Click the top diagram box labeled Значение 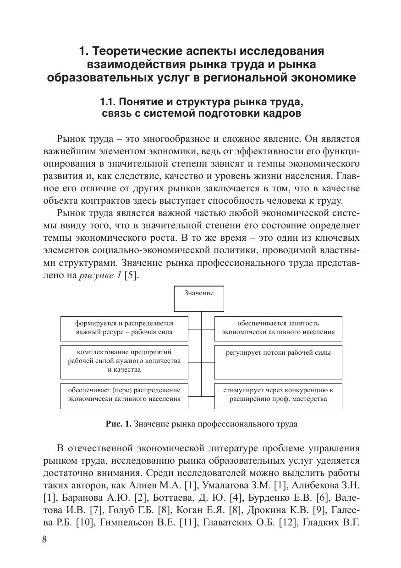pyautogui.click(x=199, y=298)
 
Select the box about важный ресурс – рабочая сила pyautogui.click(x=124, y=328)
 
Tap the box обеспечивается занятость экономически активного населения pyautogui.click(x=278, y=328)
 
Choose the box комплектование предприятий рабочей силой pyautogui.click(x=124, y=361)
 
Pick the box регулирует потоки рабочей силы pyautogui.click(x=278, y=361)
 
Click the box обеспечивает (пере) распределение pyautogui.click(x=124, y=395)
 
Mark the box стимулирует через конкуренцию pyautogui.click(x=278, y=395)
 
